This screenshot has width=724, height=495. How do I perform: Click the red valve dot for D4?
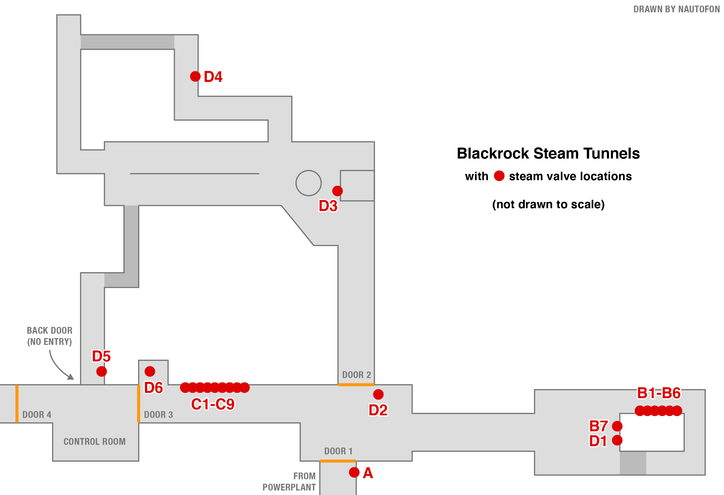(195, 76)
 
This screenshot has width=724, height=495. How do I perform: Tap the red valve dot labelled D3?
(337, 191)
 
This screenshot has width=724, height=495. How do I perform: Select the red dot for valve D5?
(101, 372)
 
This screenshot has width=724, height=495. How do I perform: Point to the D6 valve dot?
(150, 371)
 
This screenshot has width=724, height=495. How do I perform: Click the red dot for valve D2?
(378, 394)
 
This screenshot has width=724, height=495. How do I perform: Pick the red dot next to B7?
(617, 426)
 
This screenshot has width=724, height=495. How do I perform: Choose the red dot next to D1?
(617, 440)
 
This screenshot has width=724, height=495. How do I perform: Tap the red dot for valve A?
(354, 472)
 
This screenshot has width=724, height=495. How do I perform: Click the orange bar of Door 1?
(338, 461)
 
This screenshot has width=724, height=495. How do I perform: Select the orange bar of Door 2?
(356, 385)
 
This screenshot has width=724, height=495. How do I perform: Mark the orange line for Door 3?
(139, 404)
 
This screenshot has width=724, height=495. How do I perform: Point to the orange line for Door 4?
(17, 404)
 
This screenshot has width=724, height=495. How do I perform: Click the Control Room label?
(95, 441)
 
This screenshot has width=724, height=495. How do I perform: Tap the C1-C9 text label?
(213, 404)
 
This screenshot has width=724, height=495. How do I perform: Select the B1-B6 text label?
(659, 393)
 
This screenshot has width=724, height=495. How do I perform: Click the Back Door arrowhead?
(71, 377)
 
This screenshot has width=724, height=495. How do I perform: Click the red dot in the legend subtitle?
(499, 176)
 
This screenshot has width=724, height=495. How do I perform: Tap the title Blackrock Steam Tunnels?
(548, 153)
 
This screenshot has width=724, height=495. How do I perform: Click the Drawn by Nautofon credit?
(677, 9)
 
